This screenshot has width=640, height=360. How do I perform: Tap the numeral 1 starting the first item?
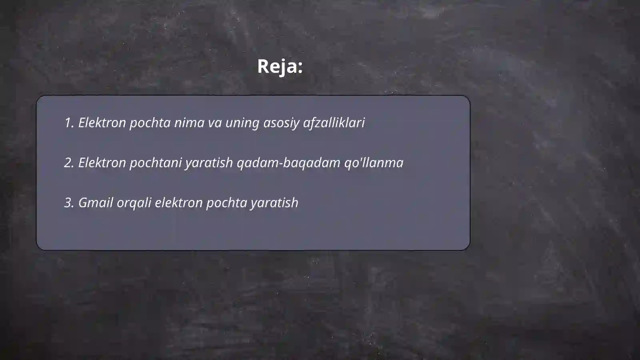[x=68, y=123]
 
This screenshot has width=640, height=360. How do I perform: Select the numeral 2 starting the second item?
[x=68, y=163]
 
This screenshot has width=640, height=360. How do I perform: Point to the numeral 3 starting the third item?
[x=68, y=203]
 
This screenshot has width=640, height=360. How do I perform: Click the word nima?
[x=189, y=123]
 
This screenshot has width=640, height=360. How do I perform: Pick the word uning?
[x=242, y=123]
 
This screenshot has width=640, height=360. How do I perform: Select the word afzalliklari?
[x=334, y=123]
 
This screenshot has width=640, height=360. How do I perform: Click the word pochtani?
[x=155, y=163]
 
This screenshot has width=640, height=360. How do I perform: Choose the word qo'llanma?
[x=374, y=163]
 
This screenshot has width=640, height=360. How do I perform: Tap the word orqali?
[x=134, y=203]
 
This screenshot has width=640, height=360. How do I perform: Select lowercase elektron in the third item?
[x=178, y=203]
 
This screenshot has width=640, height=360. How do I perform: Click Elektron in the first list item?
[x=102, y=123]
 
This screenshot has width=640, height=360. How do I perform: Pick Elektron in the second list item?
[x=102, y=163]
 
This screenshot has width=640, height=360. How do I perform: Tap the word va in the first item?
[x=215, y=123]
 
